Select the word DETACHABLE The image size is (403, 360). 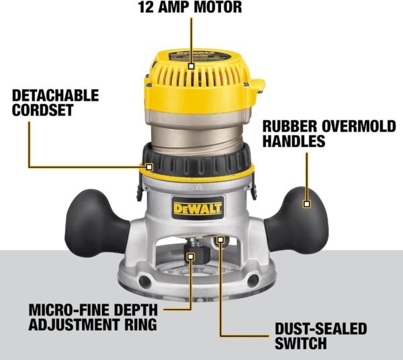[x=55, y=95]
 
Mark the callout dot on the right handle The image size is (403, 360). [x=307, y=203]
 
